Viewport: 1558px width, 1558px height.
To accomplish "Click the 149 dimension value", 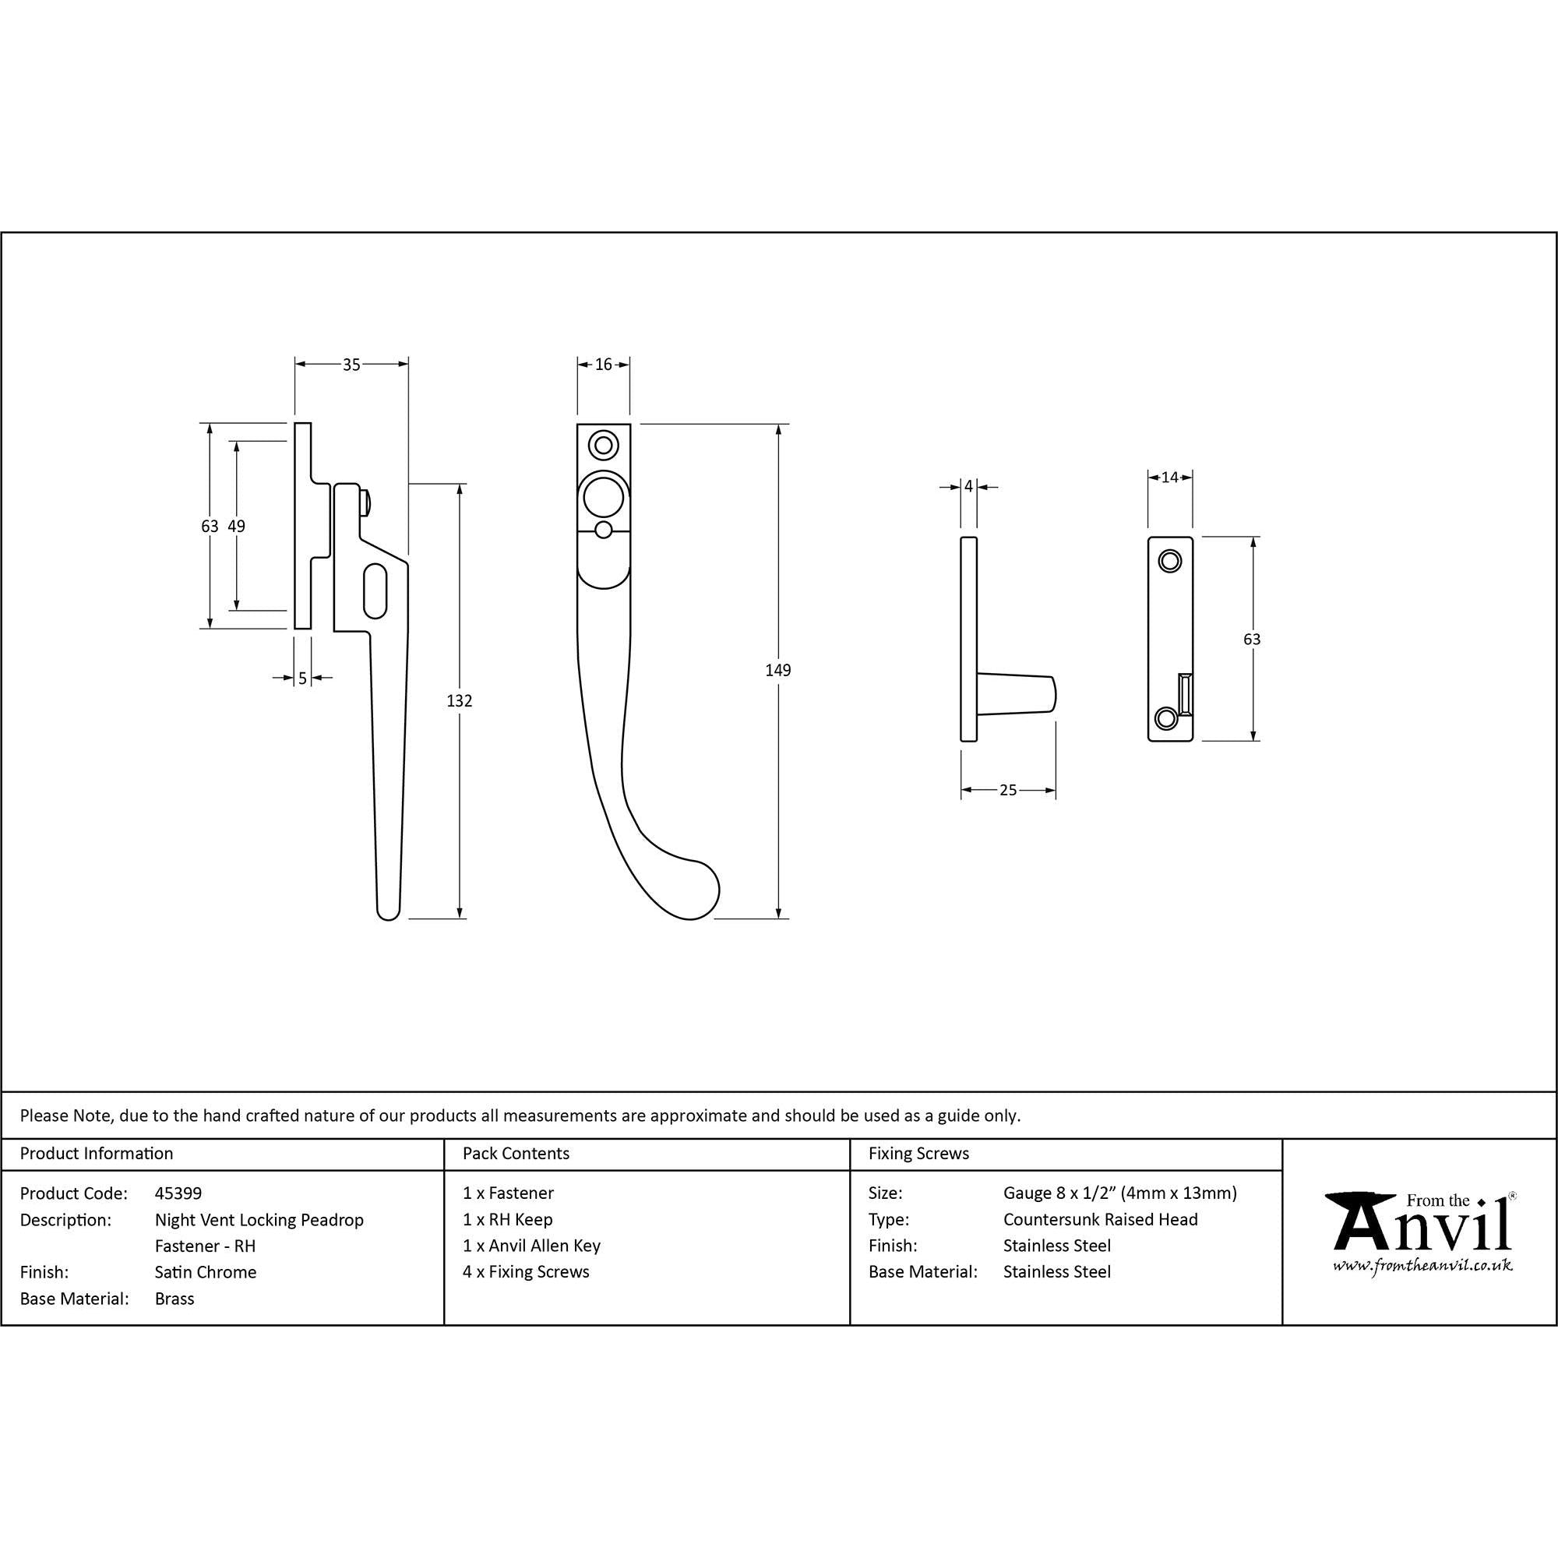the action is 778,670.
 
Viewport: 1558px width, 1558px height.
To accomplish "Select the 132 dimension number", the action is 460,701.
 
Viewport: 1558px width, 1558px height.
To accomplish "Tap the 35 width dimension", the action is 351,365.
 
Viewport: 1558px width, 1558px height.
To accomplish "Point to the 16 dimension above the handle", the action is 604,365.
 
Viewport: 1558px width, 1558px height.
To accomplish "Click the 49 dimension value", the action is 236,526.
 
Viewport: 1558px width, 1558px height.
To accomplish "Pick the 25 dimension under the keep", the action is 1008,790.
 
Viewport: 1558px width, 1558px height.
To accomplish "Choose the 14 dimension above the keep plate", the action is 1170,478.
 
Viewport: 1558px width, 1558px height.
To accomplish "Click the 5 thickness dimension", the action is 302,679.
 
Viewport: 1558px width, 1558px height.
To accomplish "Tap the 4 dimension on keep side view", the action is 968,486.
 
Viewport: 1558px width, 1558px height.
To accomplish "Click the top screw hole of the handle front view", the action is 603,444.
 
